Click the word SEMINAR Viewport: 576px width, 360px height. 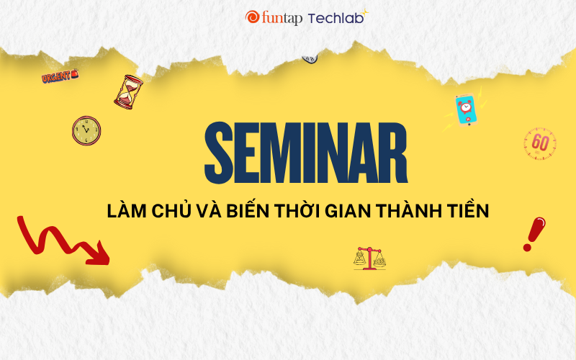(306, 153)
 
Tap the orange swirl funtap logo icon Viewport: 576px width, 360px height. (253, 17)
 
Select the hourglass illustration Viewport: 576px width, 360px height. (128, 92)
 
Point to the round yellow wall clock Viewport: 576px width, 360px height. (86, 131)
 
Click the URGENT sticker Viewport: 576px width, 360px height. (60, 76)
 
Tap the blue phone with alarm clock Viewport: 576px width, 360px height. (466, 110)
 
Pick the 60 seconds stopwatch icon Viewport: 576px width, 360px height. (540, 143)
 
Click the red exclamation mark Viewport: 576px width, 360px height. (534, 234)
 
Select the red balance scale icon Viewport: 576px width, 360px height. (369, 258)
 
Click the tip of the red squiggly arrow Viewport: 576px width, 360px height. (109, 264)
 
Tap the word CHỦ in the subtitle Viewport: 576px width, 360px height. (171, 210)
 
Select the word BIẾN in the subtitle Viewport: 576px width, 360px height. (248, 210)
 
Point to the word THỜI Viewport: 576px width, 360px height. (297, 210)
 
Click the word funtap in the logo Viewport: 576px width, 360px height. (282, 19)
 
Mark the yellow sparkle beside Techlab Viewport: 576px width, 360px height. (364, 14)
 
